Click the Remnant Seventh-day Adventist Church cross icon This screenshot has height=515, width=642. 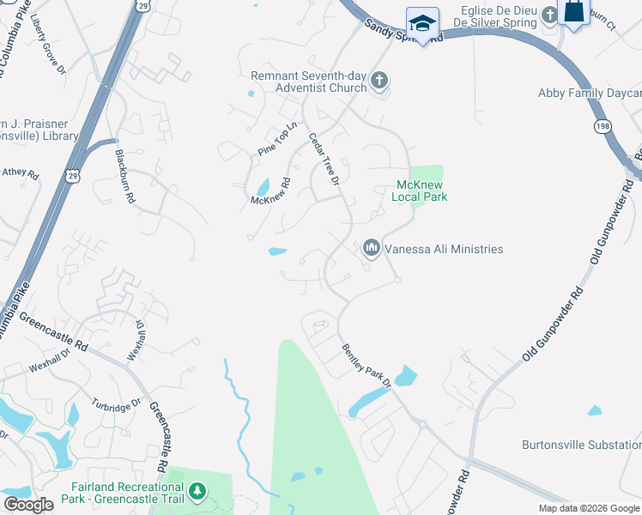[x=379, y=82]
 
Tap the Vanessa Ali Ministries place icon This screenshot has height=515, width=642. [x=372, y=249]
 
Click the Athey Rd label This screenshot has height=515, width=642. [x=21, y=173]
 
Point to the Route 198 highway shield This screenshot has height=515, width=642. [x=603, y=126]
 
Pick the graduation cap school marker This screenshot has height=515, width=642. [x=421, y=22]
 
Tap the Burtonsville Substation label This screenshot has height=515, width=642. [x=581, y=445]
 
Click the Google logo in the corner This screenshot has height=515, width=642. [x=28, y=505]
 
